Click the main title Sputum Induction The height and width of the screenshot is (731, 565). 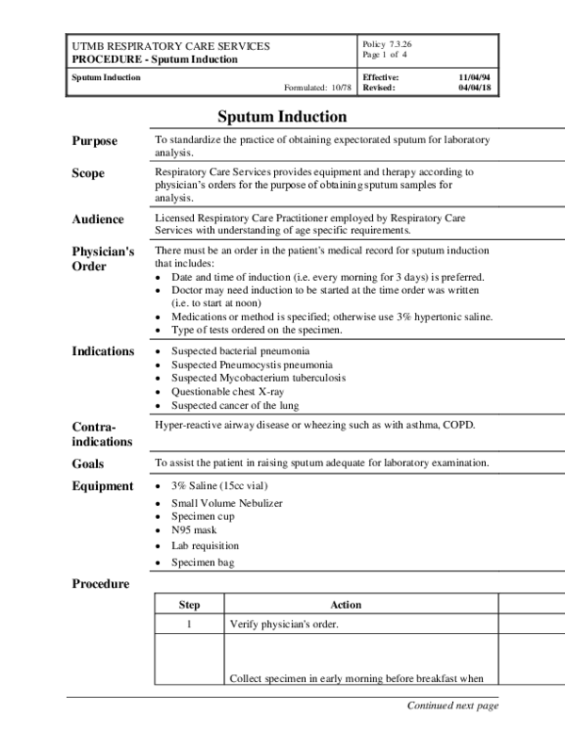coord(282,117)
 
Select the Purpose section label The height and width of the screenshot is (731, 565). coord(95,141)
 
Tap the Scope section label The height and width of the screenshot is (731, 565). coord(89,174)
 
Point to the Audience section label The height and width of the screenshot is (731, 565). coord(98,219)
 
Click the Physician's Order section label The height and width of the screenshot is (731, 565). coord(103,259)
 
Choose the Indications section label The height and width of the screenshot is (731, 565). coord(103,351)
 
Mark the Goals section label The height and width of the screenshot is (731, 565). coord(89,464)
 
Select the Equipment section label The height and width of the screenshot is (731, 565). coord(103,486)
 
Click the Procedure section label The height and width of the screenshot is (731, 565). coord(101,584)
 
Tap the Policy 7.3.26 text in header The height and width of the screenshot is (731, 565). coord(386,45)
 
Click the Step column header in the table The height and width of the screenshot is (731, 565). coord(189,605)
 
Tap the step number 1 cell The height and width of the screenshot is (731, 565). coord(189,625)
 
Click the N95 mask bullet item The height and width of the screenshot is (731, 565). coord(194,531)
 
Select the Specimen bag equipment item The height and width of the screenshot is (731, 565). coord(202,562)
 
